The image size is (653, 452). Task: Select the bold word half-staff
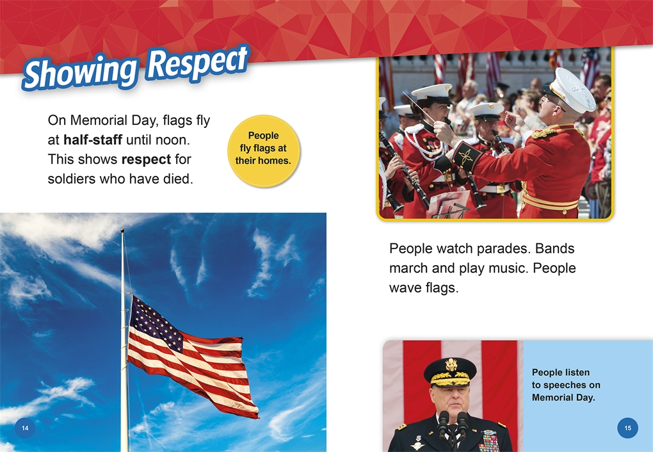(x=93, y=140)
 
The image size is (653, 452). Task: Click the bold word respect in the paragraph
(x=146, y=159)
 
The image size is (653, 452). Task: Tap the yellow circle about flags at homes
(x=264, y=151)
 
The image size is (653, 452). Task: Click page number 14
(x=25, y=428)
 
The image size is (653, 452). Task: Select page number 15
(x=627, y=428)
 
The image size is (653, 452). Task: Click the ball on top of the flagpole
(x=122, y=230)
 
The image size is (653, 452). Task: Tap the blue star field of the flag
(x=156, y=322)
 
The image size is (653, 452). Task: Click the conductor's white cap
(x=570, y=90)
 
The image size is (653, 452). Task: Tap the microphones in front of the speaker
(x=453, y=426)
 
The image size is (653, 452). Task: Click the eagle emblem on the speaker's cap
(x=451, y=365)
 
